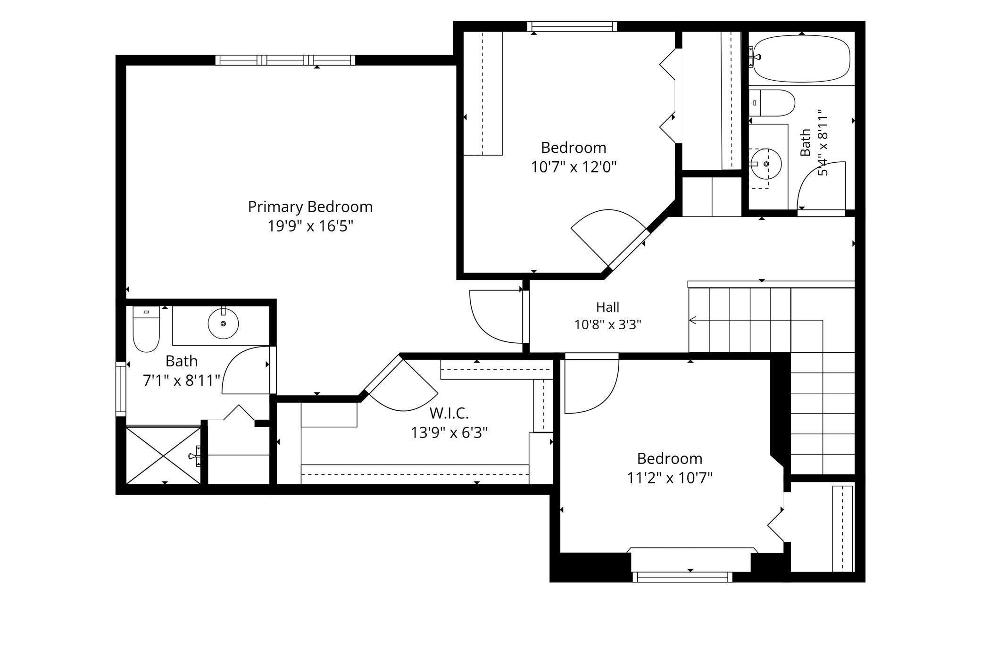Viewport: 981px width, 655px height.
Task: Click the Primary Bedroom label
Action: [x=310, y=207]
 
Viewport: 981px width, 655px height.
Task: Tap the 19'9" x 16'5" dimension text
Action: [x=310, y=226]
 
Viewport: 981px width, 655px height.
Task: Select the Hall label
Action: [x=607, y=307]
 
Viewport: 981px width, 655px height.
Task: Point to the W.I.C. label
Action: [x=449, y=413]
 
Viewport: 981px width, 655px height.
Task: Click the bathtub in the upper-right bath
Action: [x=802, y=59]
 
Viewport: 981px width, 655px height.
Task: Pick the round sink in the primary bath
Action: [x=223, y=323]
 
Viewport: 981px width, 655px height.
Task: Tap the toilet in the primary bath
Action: [x=146, y=329]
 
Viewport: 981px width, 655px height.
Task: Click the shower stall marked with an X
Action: [x=164, y=455]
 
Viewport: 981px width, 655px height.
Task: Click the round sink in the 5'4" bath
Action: [x=766, y=164]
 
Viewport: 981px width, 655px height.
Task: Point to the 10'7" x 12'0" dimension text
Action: [x=574, y=167]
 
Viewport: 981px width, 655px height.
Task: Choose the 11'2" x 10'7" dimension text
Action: [x=669, y=478]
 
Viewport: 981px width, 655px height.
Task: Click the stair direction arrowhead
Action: [x=692, y=321]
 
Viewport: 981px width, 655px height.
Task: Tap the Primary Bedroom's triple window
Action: [x=285, y=60]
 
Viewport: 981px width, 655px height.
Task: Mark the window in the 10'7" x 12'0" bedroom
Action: [x=572, y=26]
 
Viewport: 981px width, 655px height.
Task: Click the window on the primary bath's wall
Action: [x=121, y=389]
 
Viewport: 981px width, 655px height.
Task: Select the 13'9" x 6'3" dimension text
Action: [x=449, y=432]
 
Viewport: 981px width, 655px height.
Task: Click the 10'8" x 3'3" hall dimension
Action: [x=607, y=324]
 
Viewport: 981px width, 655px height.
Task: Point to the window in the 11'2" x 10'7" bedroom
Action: [x=682, y=577]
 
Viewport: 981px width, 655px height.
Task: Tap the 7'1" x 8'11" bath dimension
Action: [x=182, y=380]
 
